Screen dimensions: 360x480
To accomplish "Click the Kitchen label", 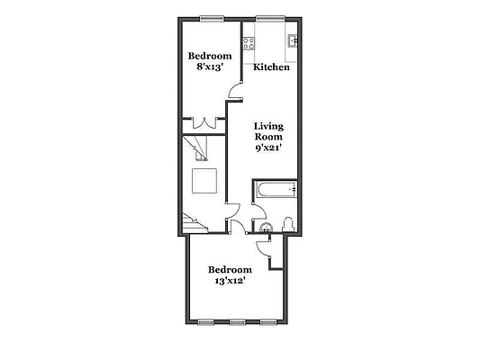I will [271, 67].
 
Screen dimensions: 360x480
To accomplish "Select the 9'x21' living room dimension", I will [269, 148].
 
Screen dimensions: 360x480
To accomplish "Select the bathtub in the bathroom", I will [275, 189].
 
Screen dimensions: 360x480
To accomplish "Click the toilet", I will [286, 224].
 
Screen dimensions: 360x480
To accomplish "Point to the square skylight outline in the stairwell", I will [204, 181].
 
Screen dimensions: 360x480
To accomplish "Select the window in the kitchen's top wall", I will [270, 18].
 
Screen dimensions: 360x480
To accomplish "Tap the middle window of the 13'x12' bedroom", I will [237, 321].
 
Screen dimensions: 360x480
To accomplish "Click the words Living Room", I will [269, 131].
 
